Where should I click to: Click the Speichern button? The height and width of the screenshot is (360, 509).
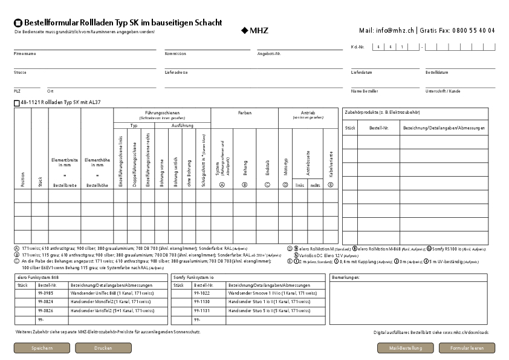[x=42, y=349]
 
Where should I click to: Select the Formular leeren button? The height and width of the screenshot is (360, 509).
[x=467, y=349]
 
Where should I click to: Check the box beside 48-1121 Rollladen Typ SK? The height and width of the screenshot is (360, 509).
[x=16, y=103]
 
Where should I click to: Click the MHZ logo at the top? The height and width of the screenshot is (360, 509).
[x=254, y=30]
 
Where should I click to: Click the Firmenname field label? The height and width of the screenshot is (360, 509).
[x=25, y=54]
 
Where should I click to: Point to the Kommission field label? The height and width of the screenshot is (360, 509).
[x=175, y=54]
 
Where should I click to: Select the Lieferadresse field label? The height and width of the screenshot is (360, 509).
[x=177, y=72]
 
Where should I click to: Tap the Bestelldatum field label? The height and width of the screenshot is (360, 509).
[x=436, y=72]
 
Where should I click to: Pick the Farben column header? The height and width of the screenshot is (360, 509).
[x=244, y=113]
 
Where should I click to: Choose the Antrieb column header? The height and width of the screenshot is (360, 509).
[x=308, y=113]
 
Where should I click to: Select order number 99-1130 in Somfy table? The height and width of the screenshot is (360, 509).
[x=202, y=301]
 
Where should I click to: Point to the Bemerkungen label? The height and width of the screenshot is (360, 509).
[x=345, y=277]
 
